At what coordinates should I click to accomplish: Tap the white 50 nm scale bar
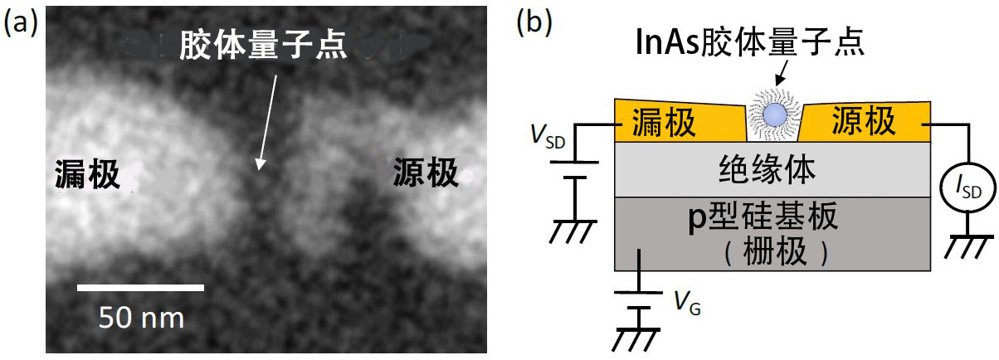pos(140,287)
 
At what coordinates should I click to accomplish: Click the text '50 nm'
pos(141,318)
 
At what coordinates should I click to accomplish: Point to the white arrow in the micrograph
pos(266,123)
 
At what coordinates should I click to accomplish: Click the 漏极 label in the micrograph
pos(87,174)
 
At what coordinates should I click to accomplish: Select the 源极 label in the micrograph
pos(425,173)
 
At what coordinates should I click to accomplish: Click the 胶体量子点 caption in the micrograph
pos(263,45)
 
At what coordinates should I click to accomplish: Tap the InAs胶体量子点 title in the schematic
pos(749,41)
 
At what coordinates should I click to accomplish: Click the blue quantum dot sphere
pos(774,114)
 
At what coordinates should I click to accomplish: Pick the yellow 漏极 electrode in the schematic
pos(680,120)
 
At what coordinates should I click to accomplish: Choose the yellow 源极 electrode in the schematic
pos(865,121)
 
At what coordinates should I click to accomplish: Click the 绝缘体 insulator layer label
pos(767,169)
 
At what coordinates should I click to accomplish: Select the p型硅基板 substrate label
pos(763,216)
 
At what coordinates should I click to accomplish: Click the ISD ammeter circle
pos(967,187)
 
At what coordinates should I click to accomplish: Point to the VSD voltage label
pos(548,135)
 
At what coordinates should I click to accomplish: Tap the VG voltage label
pos(687,304)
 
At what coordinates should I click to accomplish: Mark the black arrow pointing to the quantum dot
pos(782,72)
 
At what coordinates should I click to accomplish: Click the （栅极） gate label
pos(775,252)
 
